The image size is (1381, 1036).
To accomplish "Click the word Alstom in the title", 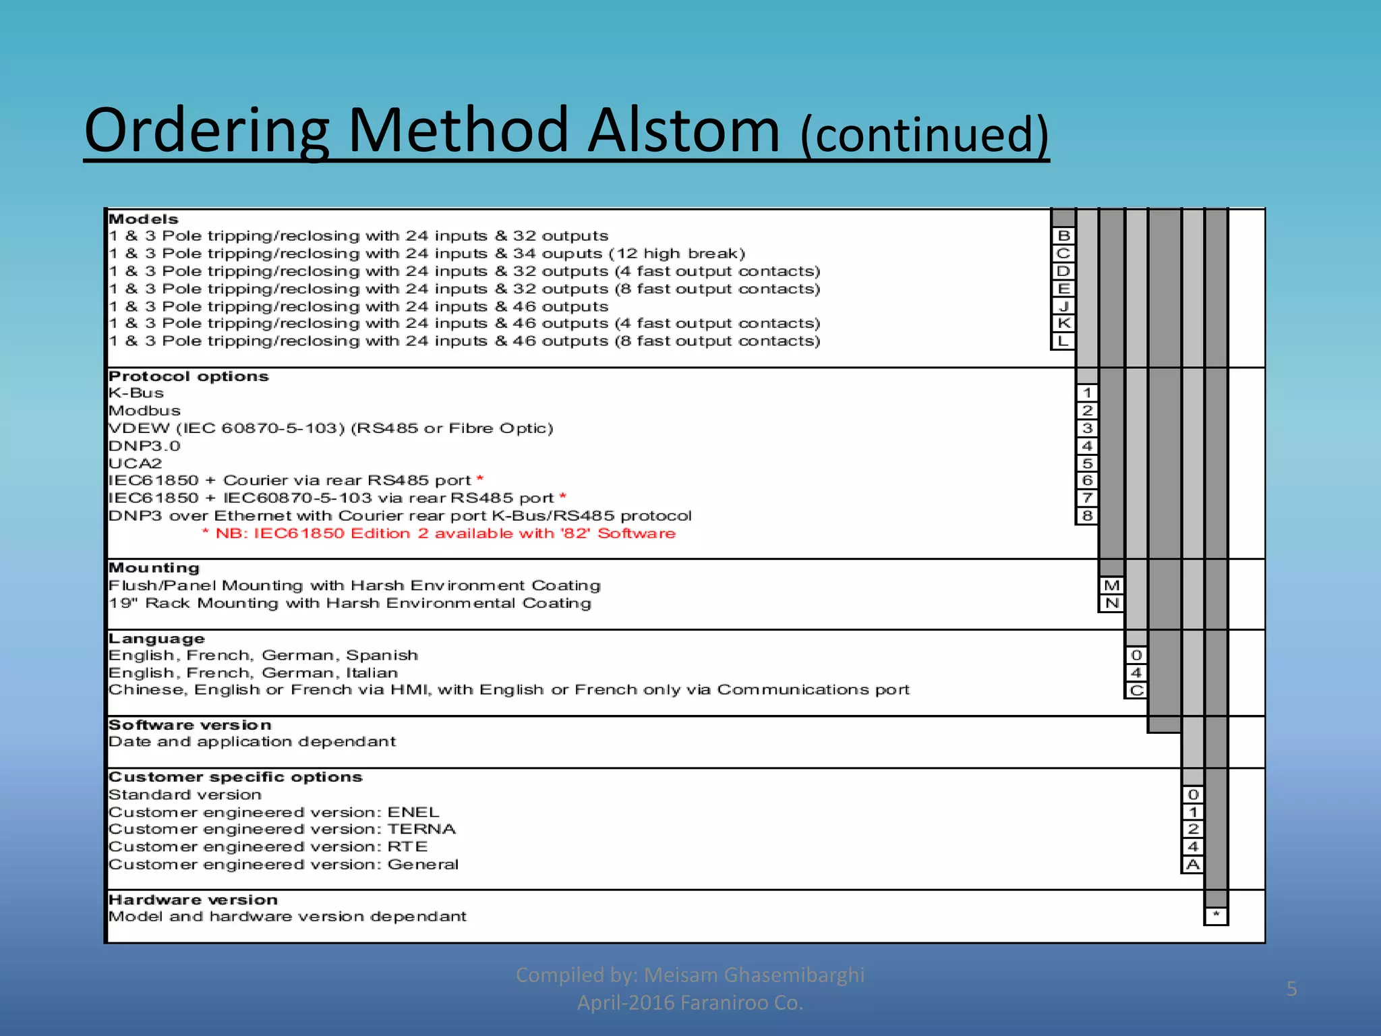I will (x=684, y=130).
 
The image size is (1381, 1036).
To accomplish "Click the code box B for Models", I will (x=1063, y=235).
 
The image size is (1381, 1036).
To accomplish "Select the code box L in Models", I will (x=1063, y=341).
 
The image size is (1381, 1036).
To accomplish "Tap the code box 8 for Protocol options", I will (x=1087, y=516).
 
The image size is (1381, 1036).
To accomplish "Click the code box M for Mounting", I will (x=1112, y=585).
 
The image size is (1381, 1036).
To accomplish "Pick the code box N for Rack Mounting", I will (x=1112, y=603).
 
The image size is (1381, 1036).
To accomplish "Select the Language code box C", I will (x=1136, y=690).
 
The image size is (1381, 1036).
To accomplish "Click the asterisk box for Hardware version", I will (x=1216, y=916).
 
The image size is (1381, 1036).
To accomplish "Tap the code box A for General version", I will (x=1193, y=865).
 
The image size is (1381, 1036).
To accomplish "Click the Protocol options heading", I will (x=189, y=376).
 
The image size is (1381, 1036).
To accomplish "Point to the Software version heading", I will (x=190, y=725).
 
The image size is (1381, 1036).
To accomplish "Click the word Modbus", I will (x=144, y=411).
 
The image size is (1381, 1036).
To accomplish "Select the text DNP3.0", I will (x=144, y=446).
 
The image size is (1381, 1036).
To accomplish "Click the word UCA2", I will (x=136, y=463).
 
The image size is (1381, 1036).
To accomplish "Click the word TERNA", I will (x=421, y=829).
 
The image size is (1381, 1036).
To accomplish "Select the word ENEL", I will (x=413, y=812).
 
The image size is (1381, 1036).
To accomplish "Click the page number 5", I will (x=1291, y=989).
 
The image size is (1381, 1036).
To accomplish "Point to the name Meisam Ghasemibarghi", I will (x=754, y=975).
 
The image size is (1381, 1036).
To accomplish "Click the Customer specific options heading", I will (x=235, y=777).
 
